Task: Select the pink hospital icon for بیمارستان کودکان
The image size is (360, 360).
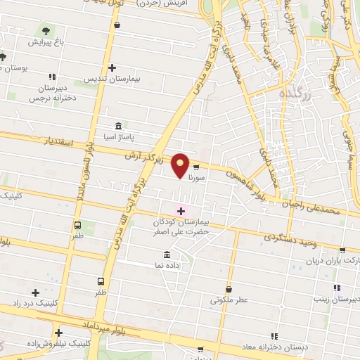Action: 181,210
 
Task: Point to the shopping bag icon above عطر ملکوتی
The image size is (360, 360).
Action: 229,289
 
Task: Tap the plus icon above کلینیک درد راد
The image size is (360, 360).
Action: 35,292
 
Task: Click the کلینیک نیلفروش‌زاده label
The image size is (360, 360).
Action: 58,345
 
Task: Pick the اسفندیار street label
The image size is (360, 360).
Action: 58,141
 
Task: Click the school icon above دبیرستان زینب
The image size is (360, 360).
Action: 337,288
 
